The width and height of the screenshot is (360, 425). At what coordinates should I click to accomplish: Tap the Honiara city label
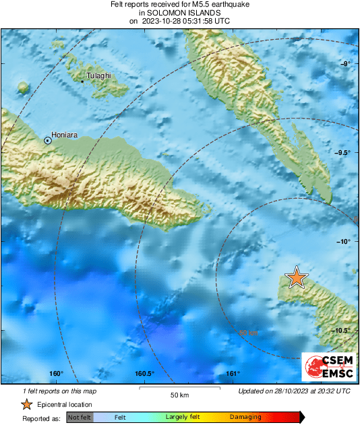coord(65,135)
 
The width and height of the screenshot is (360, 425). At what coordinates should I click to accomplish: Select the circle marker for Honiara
coord(47,140)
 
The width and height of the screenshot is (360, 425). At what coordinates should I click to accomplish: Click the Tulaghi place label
coord(98,75)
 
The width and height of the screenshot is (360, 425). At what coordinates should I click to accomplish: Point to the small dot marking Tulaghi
coord(82,81)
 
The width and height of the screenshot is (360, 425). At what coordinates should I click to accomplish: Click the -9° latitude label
coord(344,63)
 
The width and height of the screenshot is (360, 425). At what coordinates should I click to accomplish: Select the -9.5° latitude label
coord(342,153)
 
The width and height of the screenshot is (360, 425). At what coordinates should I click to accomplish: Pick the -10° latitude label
coord(344,241)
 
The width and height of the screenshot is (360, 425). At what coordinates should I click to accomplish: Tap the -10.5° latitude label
coord(342,330)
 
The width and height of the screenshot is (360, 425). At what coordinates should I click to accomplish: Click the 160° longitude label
coord(56,374)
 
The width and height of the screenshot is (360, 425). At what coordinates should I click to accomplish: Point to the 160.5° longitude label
coord(144,374)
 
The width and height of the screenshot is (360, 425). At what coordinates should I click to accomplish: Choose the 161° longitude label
coord(233,374)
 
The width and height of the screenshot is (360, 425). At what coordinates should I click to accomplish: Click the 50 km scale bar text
coord(179,394)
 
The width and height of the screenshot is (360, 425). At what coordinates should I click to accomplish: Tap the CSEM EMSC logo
coord(329,367)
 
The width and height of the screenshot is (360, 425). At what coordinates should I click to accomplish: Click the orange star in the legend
coord(26,404)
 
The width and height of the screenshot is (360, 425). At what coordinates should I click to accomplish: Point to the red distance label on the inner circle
coord(248,333)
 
